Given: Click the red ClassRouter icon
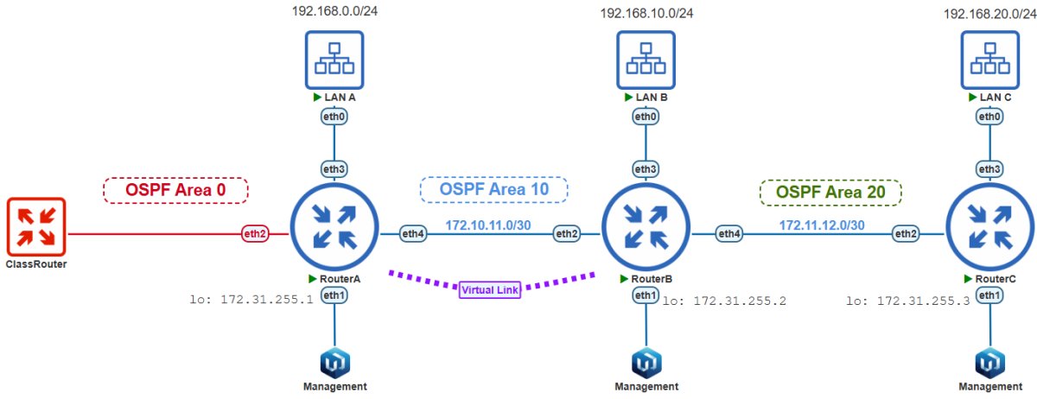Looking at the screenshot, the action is click(36, 227).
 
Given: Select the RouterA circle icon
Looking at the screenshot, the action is click(334, 227).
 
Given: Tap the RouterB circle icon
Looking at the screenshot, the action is click(646, 227).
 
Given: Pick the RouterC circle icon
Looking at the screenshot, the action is click(990, 227).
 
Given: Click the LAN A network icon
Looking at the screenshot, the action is click(334, 60).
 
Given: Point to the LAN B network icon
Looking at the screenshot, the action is click(646, 60).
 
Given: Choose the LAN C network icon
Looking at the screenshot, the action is click(990, 60).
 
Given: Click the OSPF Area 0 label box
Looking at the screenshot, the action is click(175, 190).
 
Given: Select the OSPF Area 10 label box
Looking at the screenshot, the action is click(494, 189).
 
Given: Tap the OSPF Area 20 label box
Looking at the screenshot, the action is click(830, 192).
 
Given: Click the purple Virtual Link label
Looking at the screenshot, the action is click(490, 290).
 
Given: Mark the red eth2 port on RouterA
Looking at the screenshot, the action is click(255, 234).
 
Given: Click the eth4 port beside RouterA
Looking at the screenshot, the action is click(413, 234).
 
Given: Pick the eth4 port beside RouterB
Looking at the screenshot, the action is click(729, 234).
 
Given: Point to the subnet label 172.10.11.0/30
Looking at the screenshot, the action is click(488, 225).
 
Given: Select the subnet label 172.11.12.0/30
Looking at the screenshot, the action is click(822, 225).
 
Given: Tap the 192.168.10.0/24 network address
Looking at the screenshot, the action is click(646, 14).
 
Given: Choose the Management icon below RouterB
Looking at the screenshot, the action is click(646, 363).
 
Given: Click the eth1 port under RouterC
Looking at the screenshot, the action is click(989, 295).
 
